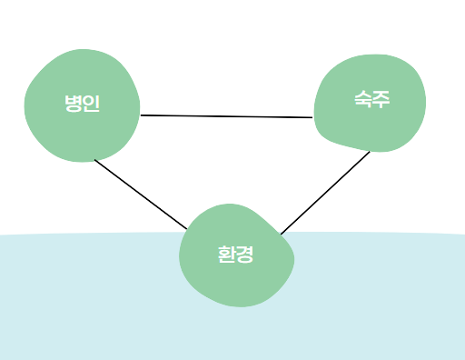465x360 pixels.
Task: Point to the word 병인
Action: (x=82, y=104)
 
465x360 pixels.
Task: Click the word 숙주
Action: (x=372, y=99)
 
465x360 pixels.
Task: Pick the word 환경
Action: (x=236, y=255)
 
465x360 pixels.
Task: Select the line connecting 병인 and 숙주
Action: (x=227, y=116)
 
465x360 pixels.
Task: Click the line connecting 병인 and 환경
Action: (x=141, y=194)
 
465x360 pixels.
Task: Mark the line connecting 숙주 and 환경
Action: (x=325, y=193)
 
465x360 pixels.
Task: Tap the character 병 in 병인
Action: (x=73, y=104)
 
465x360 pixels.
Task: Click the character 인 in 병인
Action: (x=91, y=104)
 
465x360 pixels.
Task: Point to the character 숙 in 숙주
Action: (x=363, y=99)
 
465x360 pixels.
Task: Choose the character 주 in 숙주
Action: (x=381, y=99)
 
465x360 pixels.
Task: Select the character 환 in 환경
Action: (x=227, y=255)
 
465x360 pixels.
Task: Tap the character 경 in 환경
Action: (x=245, y=255)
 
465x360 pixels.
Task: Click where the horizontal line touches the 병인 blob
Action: (x=141, y=115)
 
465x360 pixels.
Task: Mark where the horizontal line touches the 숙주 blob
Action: (x=313, y=117)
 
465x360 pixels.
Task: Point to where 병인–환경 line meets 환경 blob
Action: (x=187, y=228)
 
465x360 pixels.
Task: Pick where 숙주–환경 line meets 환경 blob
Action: (x=281, y=235)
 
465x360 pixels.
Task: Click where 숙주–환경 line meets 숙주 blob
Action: (x=370, y=151)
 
